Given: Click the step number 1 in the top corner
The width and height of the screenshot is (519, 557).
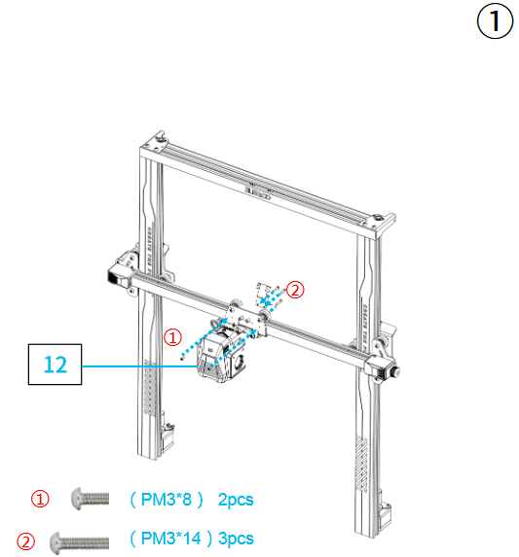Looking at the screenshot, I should [x=494, y=22].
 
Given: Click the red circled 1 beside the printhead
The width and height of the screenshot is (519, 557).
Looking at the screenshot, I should [x=172, y=337].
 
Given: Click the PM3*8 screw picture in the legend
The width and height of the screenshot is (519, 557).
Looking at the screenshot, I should [x=90, y=499].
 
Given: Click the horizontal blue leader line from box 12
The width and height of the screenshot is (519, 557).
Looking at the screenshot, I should [x=136, y=366].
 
